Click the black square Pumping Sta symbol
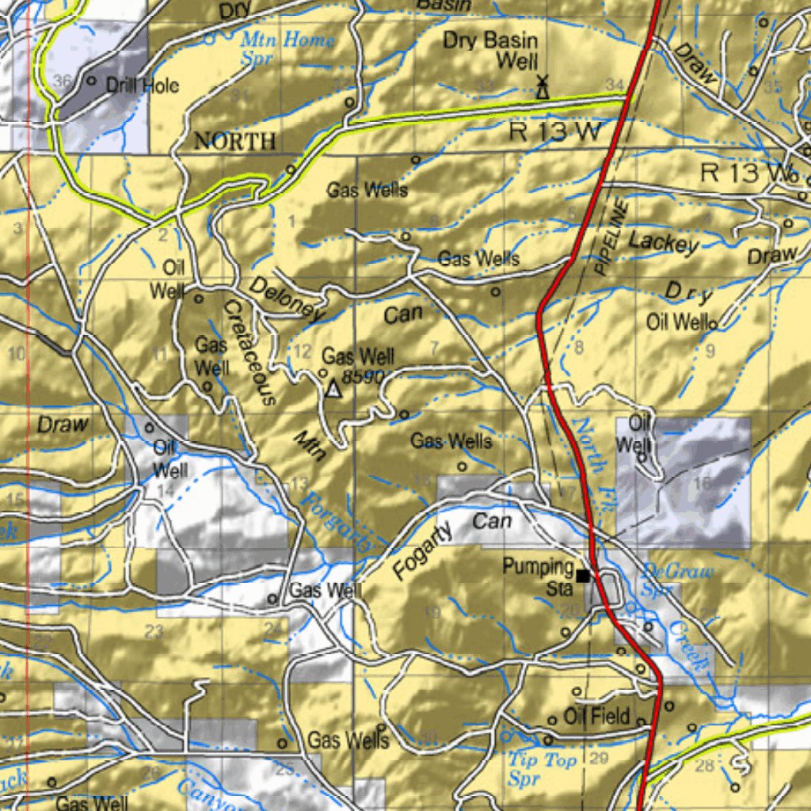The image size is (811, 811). (x=583, y=576)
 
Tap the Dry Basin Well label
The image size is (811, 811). (x=489, y=50)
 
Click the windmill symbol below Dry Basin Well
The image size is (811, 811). (x=543, y=87)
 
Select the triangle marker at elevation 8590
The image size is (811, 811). (x=333, y=389)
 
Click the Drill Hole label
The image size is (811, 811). (x=143, y=86)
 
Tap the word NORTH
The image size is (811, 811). (x=235, y=142)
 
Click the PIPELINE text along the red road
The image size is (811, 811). (x=611, y=237)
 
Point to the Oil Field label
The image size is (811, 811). (x=596, y=718)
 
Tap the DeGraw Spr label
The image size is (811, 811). (x=668, y=580)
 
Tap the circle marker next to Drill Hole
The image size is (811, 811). (x=91, y=81)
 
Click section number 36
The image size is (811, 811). (x=63, y=80)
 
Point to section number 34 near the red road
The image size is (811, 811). (x=614, y=84)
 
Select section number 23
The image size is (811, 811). (x=154, y=631)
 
